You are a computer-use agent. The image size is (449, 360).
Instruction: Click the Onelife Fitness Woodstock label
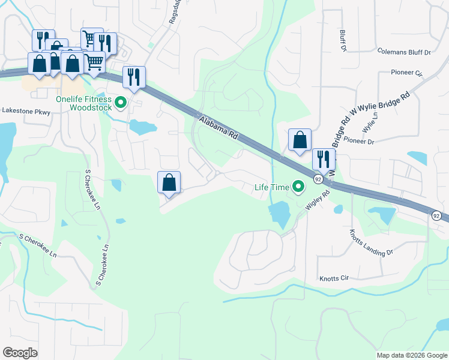click(x=83, y=103)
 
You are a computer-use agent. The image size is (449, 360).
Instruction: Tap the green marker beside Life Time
click(x=297, y=187)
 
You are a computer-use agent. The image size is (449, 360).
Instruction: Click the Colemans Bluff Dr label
click(x=404, y=52)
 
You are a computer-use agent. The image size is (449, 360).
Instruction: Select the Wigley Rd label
click(x=318, y=200)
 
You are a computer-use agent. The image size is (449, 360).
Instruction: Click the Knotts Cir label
click(x=335, y=279)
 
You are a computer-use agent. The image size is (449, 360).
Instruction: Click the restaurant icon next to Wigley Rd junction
click(x=323, y=160)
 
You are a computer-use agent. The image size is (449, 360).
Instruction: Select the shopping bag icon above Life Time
click(x=300, y=140)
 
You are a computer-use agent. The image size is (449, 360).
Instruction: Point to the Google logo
click(x=20, y=353)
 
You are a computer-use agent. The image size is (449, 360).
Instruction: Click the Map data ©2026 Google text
click(x=412, y=355)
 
